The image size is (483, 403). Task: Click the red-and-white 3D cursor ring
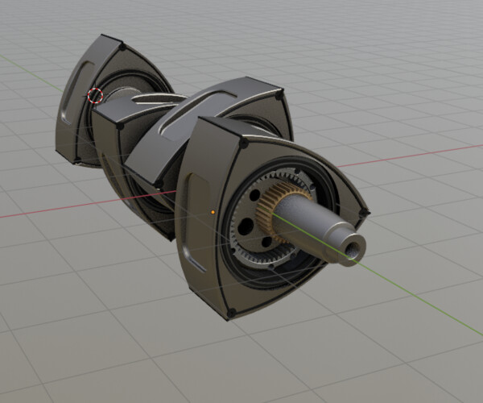tap(96, 95)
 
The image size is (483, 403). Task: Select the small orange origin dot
tap(213, 213)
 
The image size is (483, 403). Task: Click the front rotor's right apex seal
tap(365, 213)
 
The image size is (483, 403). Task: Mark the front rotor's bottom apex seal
tap(232, 313)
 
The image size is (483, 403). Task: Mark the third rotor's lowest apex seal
tap(171, 235)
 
